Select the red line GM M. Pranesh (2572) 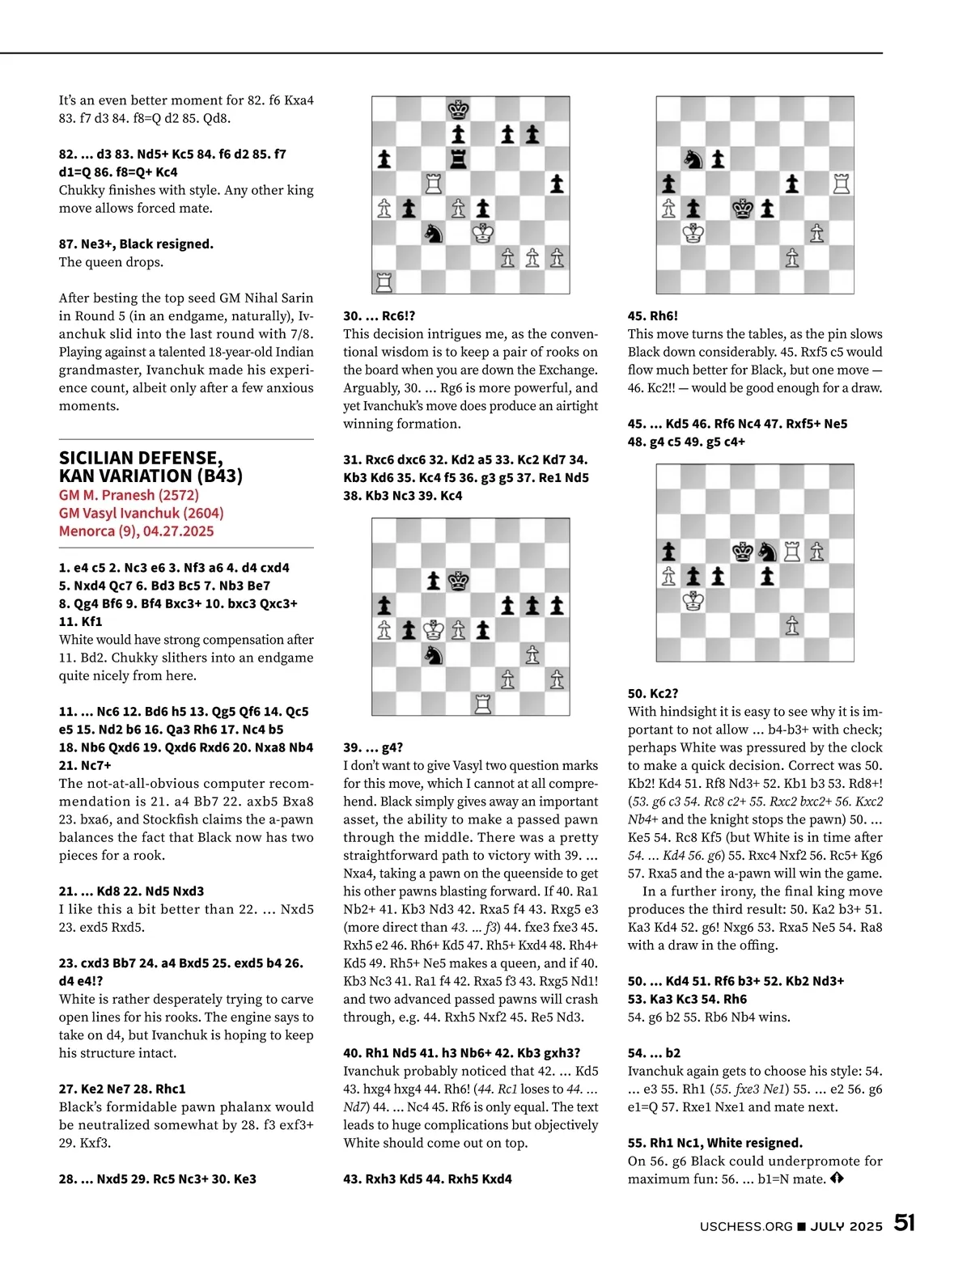coord(129,495)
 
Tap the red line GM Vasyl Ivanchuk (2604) coord(141,513)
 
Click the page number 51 coord(904,1223)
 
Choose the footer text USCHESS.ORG coord(746,1226)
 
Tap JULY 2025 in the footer coord(846,1226)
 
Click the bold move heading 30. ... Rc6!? coord(379,316)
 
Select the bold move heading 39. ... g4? coord(373,747)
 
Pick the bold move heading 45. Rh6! coord(653,316)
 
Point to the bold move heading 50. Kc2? coord(653,693)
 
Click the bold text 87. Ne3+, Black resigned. coord(136,243)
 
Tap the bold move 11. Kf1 coord(80,621)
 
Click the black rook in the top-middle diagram coord(459,159)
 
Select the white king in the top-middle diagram coord(483,233)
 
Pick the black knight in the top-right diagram coord(693,159)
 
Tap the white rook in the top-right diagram coord(842,184)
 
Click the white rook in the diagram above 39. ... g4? coord(483,704)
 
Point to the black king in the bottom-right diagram coord(743,552)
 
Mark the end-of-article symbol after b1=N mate coord(837,1178)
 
